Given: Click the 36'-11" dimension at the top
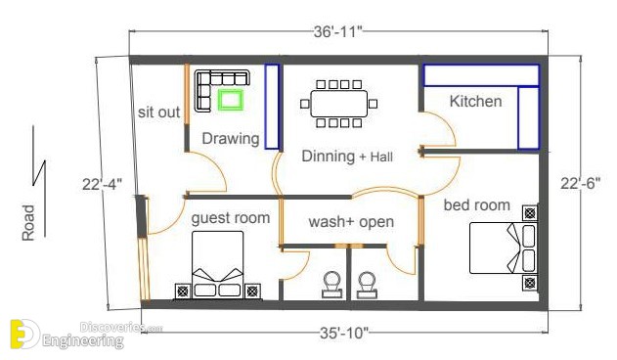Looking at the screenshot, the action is tap(337, 32).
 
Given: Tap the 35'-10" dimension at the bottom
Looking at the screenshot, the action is tap(343, 334).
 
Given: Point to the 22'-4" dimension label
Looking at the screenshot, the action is tap(103, 184).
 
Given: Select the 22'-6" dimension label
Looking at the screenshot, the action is tap(581, 183).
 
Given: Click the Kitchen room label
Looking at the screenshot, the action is tap(476, 101).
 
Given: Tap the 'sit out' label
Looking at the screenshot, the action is tap(158, 112).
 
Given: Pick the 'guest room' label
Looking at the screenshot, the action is tap(231, 218).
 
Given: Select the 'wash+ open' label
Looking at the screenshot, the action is tap(351, 222).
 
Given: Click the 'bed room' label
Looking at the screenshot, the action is tap(477, 204).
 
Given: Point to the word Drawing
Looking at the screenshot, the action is tap(231, 139).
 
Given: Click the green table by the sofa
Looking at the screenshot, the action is tap(231, 100).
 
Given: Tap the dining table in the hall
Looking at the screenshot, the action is tap(338, 104).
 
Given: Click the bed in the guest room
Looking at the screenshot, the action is tap(218, 265).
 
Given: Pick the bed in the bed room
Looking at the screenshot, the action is tap(504, 248).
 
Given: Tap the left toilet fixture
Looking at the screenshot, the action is tap(332, 285).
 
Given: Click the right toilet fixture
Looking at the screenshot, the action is tap(368, 285).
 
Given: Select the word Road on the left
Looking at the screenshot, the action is tap(28, 223).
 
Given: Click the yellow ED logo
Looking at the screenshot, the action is tap(24, 335).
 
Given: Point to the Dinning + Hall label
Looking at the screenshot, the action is tap(347, 157).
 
